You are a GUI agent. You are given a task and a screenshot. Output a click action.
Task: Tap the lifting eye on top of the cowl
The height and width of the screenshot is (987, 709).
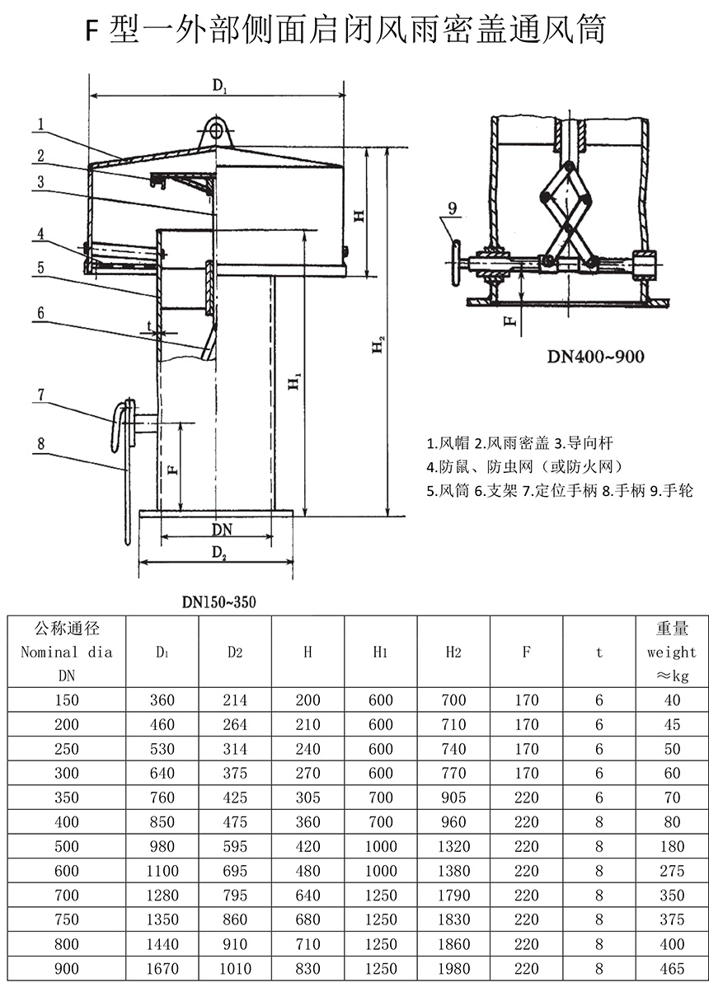click(216, 130)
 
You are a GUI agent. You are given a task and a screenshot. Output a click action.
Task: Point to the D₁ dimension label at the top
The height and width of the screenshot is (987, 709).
click(219, 85)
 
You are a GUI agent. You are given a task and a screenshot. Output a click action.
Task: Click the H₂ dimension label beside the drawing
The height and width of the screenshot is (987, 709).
click(378, 344)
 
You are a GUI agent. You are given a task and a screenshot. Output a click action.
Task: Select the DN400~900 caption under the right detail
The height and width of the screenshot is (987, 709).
click(596, 356)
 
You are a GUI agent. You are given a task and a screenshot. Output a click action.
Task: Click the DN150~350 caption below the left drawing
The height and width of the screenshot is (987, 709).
click(219, 602)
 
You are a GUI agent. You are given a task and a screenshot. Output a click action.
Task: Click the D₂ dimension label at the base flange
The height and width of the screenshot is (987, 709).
click(218, 552)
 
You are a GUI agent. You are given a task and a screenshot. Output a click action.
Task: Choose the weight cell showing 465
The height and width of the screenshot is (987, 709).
click(672, 969)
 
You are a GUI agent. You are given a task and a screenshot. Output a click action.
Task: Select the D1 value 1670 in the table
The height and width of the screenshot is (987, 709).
click(162, 969)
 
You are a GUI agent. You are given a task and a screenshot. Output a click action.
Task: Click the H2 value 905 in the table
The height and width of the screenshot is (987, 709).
click(453, 798)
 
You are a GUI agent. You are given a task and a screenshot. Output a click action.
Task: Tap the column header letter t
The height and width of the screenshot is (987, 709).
click(599, 653)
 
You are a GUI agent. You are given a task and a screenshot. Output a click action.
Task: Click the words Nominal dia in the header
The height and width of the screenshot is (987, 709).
click(66, 652)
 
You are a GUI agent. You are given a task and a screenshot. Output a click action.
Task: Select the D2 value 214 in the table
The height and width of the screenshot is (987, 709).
click(235, 700)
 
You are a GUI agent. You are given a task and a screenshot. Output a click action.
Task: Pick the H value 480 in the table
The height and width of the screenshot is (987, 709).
click(308, 871)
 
